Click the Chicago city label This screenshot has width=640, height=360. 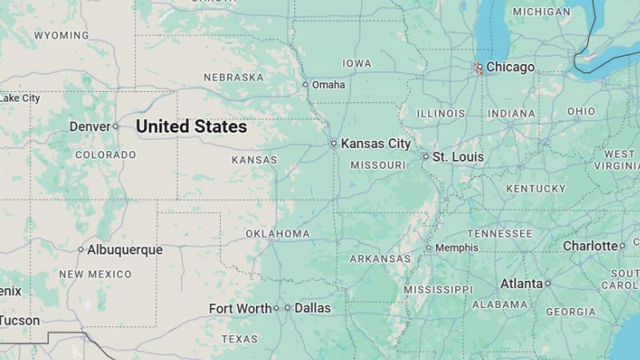(x=510, y=67)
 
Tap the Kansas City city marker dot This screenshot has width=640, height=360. (x=334, y=144)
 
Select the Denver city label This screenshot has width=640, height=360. (x=90, y=126)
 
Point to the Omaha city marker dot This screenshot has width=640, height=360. (x=305, y=85)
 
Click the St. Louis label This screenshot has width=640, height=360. (x=458, y=157)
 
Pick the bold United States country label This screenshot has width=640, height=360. (x=191, y=126)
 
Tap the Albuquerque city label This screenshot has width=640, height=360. (x=125, y=250)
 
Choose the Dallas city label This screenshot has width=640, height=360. (x=312, y=308)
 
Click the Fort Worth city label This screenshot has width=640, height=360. (x=240, y=308)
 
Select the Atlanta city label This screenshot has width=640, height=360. (x=521, y=283)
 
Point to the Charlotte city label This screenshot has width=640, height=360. (x=590, y=246)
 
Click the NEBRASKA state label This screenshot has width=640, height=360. (x=234, y=78)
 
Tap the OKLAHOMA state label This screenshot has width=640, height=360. (x=278, y=234)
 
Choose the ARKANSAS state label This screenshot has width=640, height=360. (x=380, y=259)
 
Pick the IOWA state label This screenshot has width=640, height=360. (x=357, y=63)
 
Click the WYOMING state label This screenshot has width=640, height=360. (x=62, y=35)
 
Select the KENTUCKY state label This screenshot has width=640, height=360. (x=535, y=189)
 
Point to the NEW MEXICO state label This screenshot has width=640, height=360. (x=95, y=274)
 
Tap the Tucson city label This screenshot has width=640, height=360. (x=19, y=321)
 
